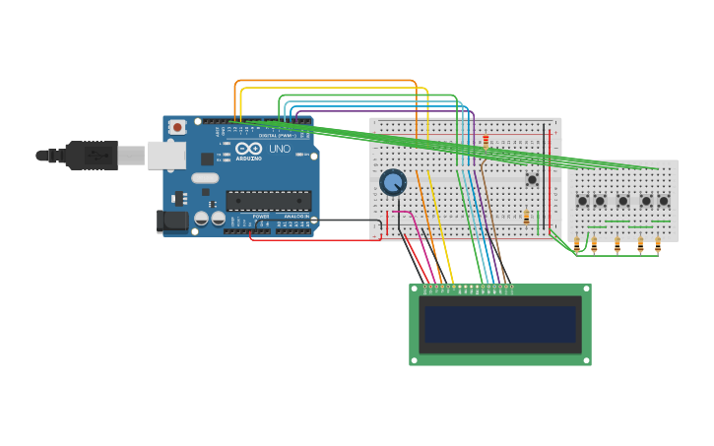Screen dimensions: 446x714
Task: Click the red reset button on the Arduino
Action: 177,127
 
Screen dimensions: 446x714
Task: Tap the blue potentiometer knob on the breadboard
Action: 393,182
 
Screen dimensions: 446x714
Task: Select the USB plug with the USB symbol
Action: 97,155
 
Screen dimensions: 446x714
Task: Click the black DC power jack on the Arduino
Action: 172,221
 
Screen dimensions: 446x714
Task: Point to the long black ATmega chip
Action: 269,201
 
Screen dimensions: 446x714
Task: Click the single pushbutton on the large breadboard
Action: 532,179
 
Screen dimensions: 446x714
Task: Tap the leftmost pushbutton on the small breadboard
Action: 582,201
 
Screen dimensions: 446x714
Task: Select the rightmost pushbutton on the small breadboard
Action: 664,201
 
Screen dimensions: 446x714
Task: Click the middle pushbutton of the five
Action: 622,201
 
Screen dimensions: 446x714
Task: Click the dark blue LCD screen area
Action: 500,324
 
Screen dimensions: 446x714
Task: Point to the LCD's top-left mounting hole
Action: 415,289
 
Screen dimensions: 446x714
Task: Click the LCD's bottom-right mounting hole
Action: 586,360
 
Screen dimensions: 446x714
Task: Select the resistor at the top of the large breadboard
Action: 486,141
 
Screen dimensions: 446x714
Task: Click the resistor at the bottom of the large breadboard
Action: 526,218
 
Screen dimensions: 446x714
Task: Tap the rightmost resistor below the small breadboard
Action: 657,245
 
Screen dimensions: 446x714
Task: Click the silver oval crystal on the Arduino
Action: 205,178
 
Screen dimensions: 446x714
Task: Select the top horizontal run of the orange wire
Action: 325,81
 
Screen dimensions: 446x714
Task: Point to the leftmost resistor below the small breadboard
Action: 577,245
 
